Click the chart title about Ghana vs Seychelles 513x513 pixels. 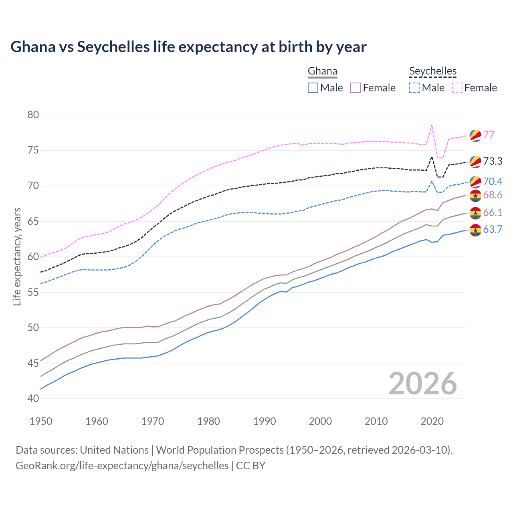click(x=188, y=47)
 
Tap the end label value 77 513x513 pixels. click(x=489, y=135)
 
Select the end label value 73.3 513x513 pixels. click(x=493, y=161)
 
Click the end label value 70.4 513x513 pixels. click(x=493, y=182)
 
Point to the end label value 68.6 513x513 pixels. click(x=493, y=195)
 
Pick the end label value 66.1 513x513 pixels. click(x=493, y=212)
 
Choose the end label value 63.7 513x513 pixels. click(x=493, y=229)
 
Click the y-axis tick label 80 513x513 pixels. click(x=33, y=115)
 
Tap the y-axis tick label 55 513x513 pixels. click(x=33, y=292)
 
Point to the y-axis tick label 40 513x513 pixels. click(x=33, y=398)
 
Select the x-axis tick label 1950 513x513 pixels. click(x=41, y=421)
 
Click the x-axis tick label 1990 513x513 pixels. click(x=265, y=421)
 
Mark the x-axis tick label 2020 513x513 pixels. click(x=432, y=421)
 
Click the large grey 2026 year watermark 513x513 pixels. click(x=422, y=384)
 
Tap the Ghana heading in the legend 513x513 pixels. click(x=322, y=71)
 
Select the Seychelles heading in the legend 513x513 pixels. click(x=433, y=71)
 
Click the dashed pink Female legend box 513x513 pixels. click(x=457, y=88)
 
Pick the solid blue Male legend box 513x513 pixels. click(x=313, y=88)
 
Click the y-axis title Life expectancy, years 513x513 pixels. click(x=17, y=256)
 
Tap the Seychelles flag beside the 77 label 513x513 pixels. click(x=475, y=135)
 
